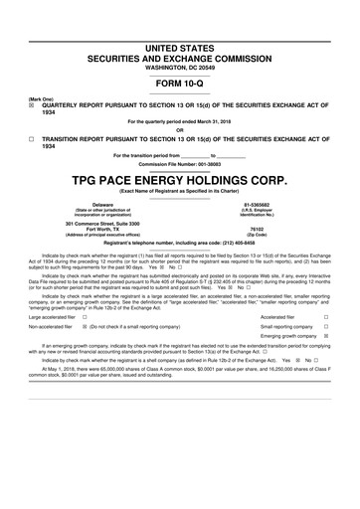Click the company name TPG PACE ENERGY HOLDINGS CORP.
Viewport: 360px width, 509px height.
179,179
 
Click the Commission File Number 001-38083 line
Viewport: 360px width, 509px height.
179,164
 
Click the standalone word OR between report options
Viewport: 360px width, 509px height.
179,128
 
